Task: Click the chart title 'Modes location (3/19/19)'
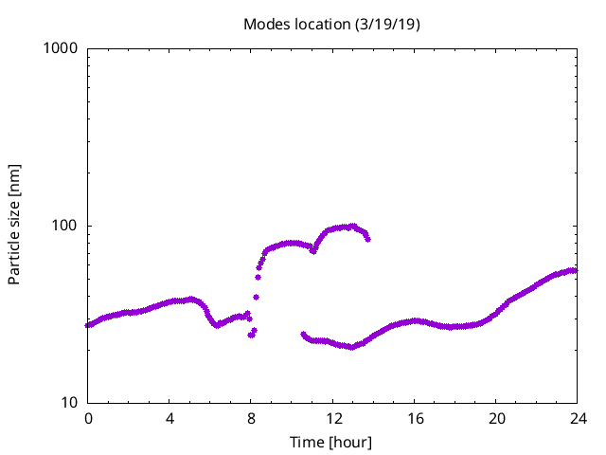click(331, 24)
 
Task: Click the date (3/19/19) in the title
click(387, 24)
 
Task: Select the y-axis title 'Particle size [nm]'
click(14, 225)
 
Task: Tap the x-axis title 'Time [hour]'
click(331, 442)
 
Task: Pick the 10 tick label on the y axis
click(69, 403)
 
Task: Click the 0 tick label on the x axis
click(88, 418)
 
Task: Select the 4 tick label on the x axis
click(169, 418)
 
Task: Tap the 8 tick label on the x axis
click(251, 418)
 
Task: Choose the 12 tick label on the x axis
click(332, 418)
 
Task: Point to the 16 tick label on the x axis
click(414, 418)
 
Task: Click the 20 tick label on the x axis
click(495, 418)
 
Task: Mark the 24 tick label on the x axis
click(577, 418)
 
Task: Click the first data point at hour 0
click(88, 325)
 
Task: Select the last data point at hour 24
click(574, 270)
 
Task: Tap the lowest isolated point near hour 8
click(251, 335)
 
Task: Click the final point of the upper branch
click(367, 239)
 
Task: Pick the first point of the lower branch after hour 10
click(303, 334)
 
